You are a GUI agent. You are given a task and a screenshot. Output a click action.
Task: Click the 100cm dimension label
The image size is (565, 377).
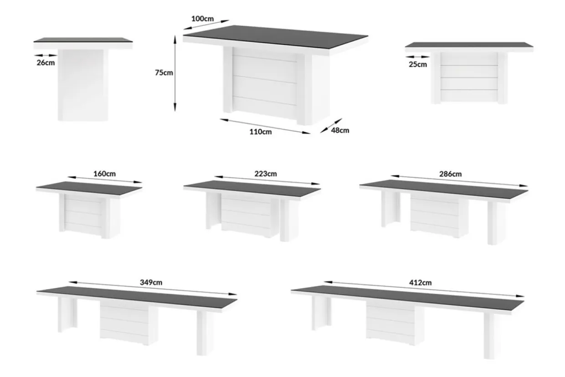pos(202,19)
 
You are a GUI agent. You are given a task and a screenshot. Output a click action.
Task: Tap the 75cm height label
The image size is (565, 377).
pos(164,72)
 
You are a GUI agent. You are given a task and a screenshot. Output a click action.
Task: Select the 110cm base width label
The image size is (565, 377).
pos(261,132)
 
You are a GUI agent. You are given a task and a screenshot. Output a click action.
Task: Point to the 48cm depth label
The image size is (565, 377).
pos(340,130)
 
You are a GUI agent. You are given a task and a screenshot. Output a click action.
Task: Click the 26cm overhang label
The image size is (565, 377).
pos(46,62)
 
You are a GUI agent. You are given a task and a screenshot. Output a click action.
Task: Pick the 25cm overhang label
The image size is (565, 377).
pos(418,64)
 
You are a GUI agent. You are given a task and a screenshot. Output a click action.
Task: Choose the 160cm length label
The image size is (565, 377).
pos(104,173)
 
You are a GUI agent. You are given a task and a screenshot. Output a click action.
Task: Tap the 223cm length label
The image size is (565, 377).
pos(266,173)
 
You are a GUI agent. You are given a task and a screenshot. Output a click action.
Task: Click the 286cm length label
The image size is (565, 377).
pos(451,174)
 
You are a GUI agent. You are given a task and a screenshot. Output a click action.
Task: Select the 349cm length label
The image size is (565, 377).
pos(151,282)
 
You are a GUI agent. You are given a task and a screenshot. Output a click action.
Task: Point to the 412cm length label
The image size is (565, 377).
pos(420,282)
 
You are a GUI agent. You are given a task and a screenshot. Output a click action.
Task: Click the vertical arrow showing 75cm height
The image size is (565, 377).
pos(175,73)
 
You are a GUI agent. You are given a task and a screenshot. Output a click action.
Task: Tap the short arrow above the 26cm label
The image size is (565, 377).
pos(46,55)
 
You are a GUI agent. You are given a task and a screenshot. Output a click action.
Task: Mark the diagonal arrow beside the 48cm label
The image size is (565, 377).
pos(331,126)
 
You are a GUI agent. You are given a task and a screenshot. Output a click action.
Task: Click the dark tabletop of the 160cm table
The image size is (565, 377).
pos(89,188)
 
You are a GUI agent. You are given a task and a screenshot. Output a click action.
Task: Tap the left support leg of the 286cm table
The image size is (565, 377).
pos(390,209)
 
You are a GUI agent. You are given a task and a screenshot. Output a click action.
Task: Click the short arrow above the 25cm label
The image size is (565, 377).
pos(417,57)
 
